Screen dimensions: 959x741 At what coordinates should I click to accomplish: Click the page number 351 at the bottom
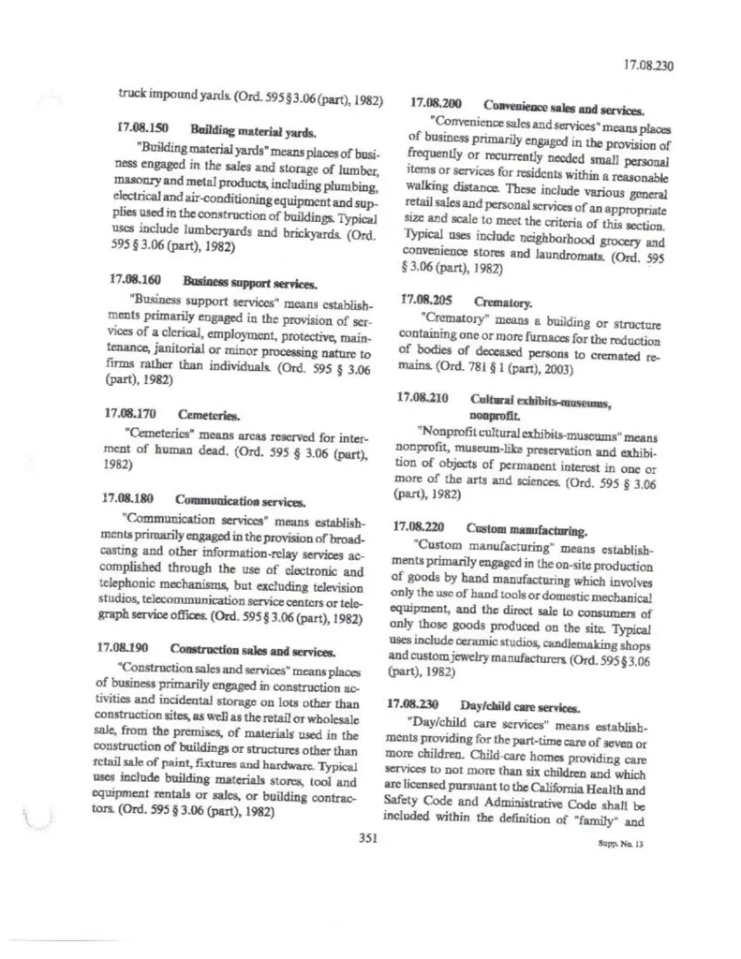367,838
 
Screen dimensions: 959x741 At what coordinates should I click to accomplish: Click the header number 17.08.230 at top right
648,66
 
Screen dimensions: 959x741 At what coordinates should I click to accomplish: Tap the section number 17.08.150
137,125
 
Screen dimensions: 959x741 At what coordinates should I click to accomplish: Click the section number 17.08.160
135,280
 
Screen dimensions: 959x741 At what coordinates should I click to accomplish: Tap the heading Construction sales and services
252,649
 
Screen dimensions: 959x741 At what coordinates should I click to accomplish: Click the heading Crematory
503,302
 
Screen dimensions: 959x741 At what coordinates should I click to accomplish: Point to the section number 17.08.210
422,397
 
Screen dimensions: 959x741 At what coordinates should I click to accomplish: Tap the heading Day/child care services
520,705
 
